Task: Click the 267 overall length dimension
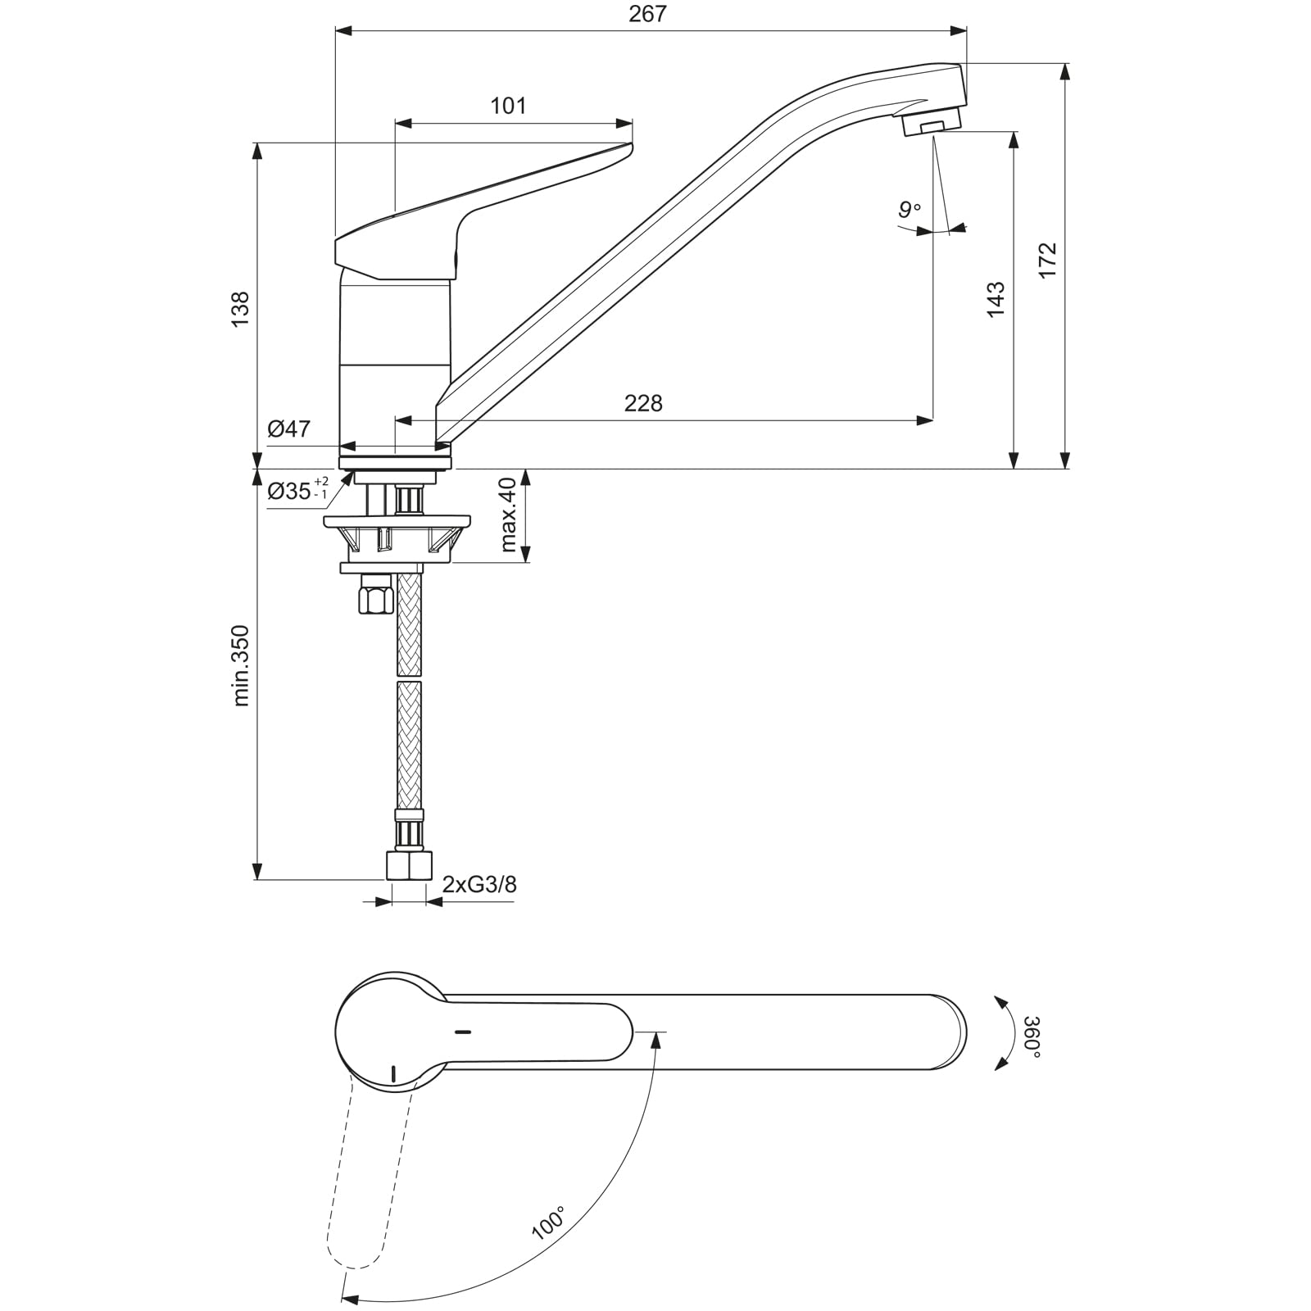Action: click(x=648, y=15)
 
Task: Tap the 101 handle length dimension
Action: click(x=508, y=107)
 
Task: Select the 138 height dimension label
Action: click(x=239, y=309)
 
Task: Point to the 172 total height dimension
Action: click(x=1048, y=260)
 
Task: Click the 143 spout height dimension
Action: click(x=996, y=299)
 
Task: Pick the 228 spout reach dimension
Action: click(x=643, y=403)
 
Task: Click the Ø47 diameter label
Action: click(x=289, y=429)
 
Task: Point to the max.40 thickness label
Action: click(x=508, y=515)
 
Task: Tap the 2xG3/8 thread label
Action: click(x=479, y=885)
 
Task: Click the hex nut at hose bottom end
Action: click(x=408, y=866)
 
